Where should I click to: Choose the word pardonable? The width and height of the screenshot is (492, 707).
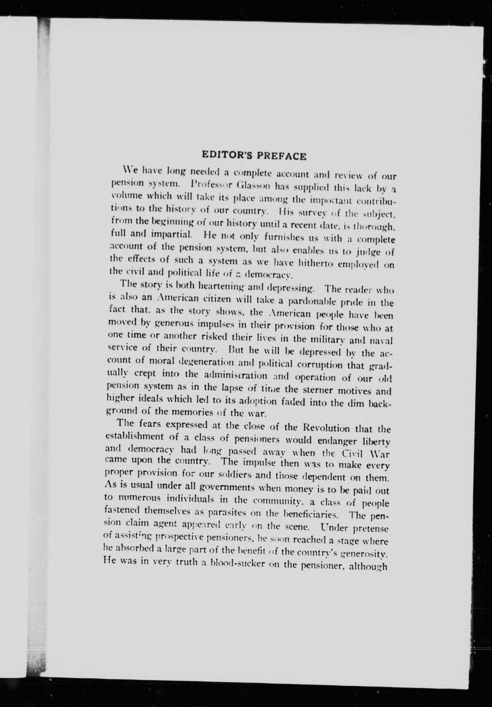pyautogui.click(x=315, y=300)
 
